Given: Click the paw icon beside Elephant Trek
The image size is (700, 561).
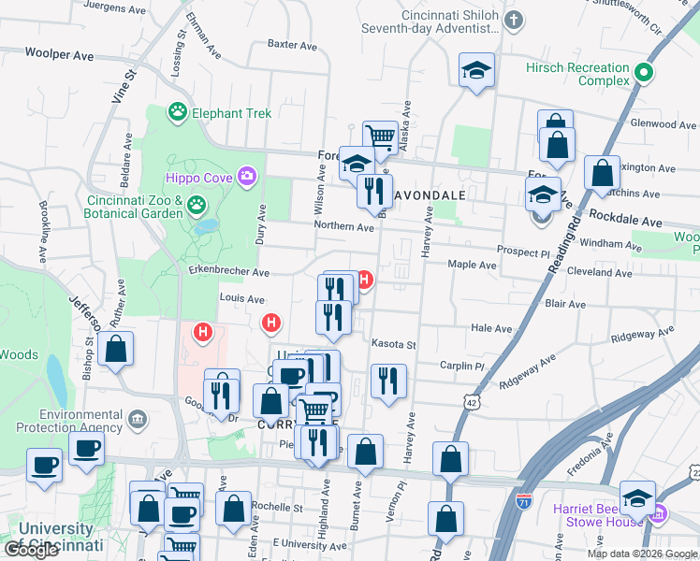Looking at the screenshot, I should pos(177,113).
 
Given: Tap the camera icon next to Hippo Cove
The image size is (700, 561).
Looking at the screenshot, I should pos(247,175).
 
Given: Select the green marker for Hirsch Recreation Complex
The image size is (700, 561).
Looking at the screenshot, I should pos(643,72).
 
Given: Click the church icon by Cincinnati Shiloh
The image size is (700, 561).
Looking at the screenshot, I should pos(513,19).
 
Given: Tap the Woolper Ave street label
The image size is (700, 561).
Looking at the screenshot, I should pos(60,56).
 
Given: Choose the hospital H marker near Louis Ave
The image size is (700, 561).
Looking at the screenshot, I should pos(271,324).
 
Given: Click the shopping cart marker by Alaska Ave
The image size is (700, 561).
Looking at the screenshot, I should pos(379,138).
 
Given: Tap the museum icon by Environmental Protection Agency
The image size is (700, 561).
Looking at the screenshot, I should pos(138,416).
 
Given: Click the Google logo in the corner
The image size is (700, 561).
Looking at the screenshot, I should pos(30,550).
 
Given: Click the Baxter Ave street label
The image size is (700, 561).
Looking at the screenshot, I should pos(288,43).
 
